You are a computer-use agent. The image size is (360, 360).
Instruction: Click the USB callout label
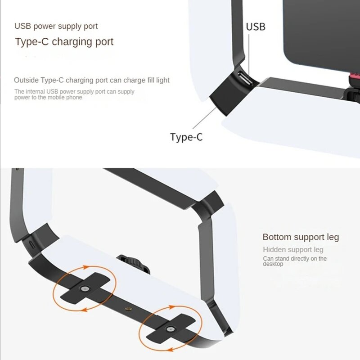tap(256, 27)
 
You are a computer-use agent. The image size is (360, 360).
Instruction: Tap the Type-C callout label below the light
tap(186, 137)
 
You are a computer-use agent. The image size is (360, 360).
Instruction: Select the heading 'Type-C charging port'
tap(64, 42)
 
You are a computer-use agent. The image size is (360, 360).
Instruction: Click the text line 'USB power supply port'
tap(56, 26)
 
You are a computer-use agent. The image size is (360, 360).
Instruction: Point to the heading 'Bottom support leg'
tap(301, 237)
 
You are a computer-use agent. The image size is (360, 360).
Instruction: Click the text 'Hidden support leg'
tap(293, 249)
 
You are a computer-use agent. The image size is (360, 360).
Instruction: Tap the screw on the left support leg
tap(84, 288)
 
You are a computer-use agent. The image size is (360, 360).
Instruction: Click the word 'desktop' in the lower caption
tap(273, 264)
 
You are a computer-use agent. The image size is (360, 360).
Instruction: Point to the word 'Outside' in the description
tap(26, 80)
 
